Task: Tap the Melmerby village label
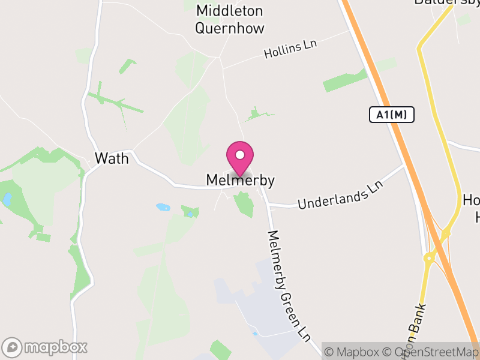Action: (240, 180)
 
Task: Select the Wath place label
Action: (112, 159)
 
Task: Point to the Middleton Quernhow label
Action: (230, 19)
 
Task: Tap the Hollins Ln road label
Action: (290, 50)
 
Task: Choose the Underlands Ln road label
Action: (340, 197)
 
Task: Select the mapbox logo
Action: (46, 347)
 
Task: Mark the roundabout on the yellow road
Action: (430, 258)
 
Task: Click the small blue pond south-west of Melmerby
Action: (163, 208)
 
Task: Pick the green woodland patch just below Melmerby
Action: (244, 204)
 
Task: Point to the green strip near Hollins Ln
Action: (344, 80)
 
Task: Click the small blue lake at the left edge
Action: (7, 200)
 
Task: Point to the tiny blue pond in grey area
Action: (256, 333)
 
